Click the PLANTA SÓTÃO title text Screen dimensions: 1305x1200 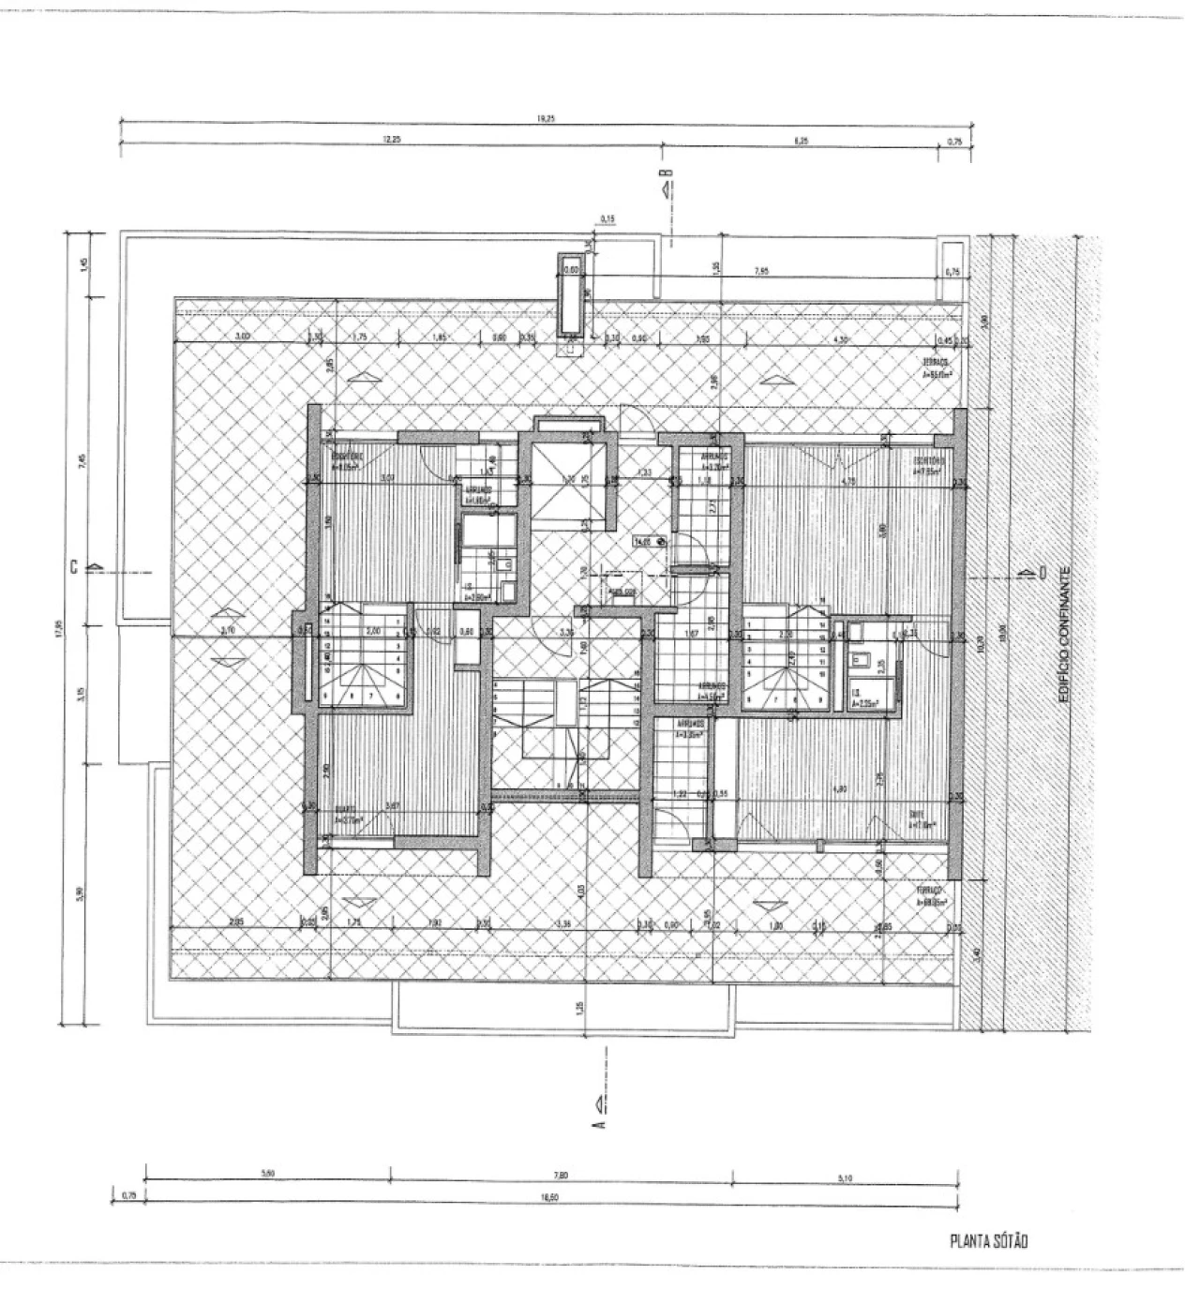coord(989,1241)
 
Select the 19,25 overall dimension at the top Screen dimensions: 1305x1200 coord(541,119)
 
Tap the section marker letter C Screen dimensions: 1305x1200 coord(72,566)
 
